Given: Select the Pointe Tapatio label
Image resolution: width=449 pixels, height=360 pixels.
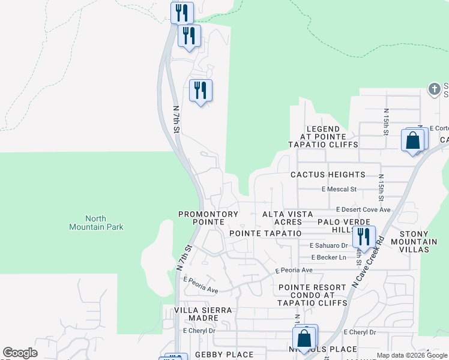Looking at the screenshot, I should [265, 233].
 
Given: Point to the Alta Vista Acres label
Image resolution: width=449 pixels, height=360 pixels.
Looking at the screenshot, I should [288, 218].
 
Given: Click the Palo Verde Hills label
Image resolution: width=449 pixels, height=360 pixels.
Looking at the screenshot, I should [337, 226].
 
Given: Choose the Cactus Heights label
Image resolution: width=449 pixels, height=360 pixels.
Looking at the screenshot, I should [327, 175].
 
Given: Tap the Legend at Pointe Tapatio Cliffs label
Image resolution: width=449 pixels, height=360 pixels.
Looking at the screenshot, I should [323, 137].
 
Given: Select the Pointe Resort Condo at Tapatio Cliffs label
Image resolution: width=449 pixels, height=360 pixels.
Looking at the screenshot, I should [312, 295].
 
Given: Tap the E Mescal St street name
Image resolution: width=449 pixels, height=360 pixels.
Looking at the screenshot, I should [339, 189].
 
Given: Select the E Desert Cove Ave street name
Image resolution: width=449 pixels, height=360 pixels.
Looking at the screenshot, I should [363, 209].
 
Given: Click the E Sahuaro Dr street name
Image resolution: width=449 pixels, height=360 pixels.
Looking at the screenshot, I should [329, 245].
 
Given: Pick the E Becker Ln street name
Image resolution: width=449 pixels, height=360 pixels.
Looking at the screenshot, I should [329, 257].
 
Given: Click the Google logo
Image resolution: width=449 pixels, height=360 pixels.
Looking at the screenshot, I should [20, 353].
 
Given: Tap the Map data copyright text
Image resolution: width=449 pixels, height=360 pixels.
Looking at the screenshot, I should [412, 355].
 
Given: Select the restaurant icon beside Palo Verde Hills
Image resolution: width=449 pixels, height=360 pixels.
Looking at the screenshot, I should [364, 236].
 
